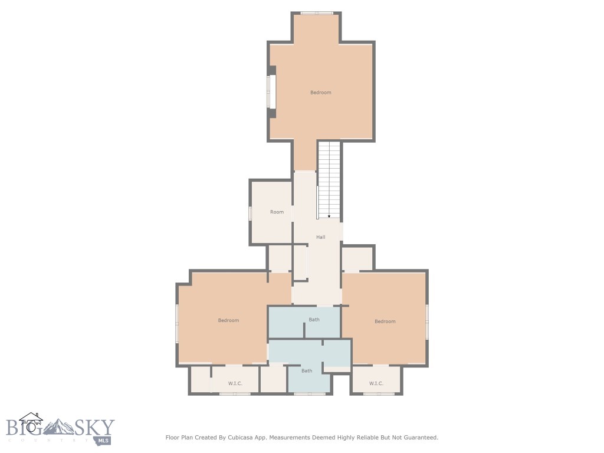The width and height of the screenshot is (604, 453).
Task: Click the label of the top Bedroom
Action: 320,93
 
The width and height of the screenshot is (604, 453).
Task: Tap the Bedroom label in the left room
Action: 228,320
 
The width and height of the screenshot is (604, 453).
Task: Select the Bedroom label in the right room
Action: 385,321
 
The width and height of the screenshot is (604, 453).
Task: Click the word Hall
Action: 320,237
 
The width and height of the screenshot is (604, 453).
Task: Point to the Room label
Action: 277,212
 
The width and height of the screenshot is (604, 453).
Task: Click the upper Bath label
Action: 314,319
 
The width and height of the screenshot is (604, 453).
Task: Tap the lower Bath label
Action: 307,370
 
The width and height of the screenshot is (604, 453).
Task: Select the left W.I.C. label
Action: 235,383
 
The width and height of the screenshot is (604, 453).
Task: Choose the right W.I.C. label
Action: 376,383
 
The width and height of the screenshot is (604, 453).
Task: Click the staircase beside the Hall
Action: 329,180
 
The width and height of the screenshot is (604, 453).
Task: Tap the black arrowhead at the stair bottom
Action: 329,216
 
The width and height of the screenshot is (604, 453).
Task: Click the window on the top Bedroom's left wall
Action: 272,91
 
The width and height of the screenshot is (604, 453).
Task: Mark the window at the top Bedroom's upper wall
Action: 317,13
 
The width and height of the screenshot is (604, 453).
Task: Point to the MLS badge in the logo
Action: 103,440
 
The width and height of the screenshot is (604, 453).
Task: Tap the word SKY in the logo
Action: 95,427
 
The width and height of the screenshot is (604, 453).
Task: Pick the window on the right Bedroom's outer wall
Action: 427,321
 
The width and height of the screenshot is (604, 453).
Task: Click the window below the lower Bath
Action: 310,393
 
